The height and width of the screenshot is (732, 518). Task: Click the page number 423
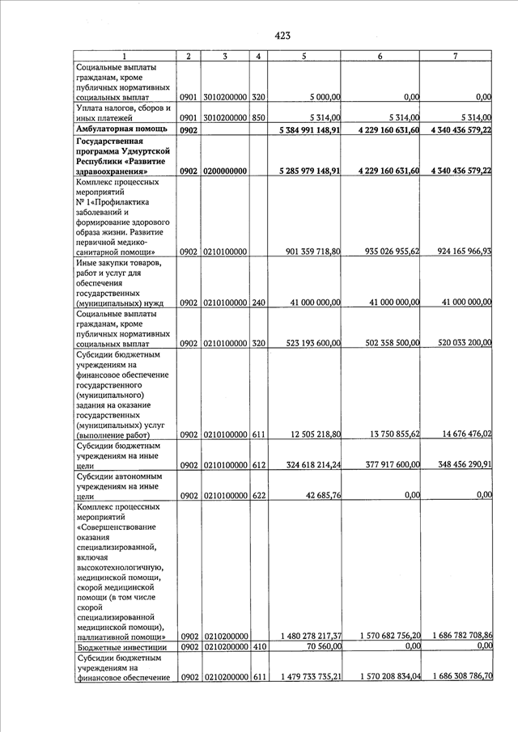[282, 35]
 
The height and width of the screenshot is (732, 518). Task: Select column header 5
[304, 56]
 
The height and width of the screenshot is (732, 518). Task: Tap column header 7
[455, 56]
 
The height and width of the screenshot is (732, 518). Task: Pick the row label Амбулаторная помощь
[121, 129]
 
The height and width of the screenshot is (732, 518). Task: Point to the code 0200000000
[224, 171]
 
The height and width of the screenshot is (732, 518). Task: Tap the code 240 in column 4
[257, 303]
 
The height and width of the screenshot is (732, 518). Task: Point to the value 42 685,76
[322, 495]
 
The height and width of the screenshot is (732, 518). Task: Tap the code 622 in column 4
[257, 495]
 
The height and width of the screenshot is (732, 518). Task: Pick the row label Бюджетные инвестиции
[121, 648]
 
